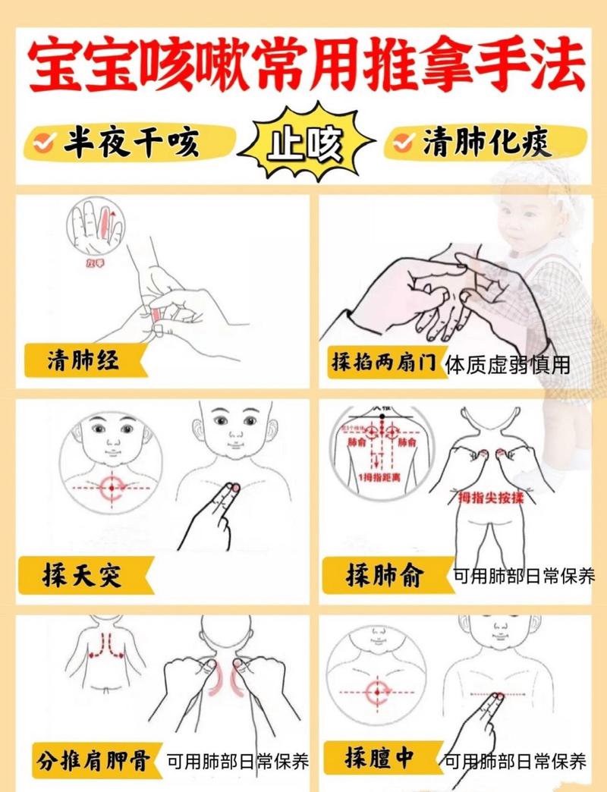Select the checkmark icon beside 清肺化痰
407,142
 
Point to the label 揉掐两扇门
383,362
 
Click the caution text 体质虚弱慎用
508,365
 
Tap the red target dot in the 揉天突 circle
112,486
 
